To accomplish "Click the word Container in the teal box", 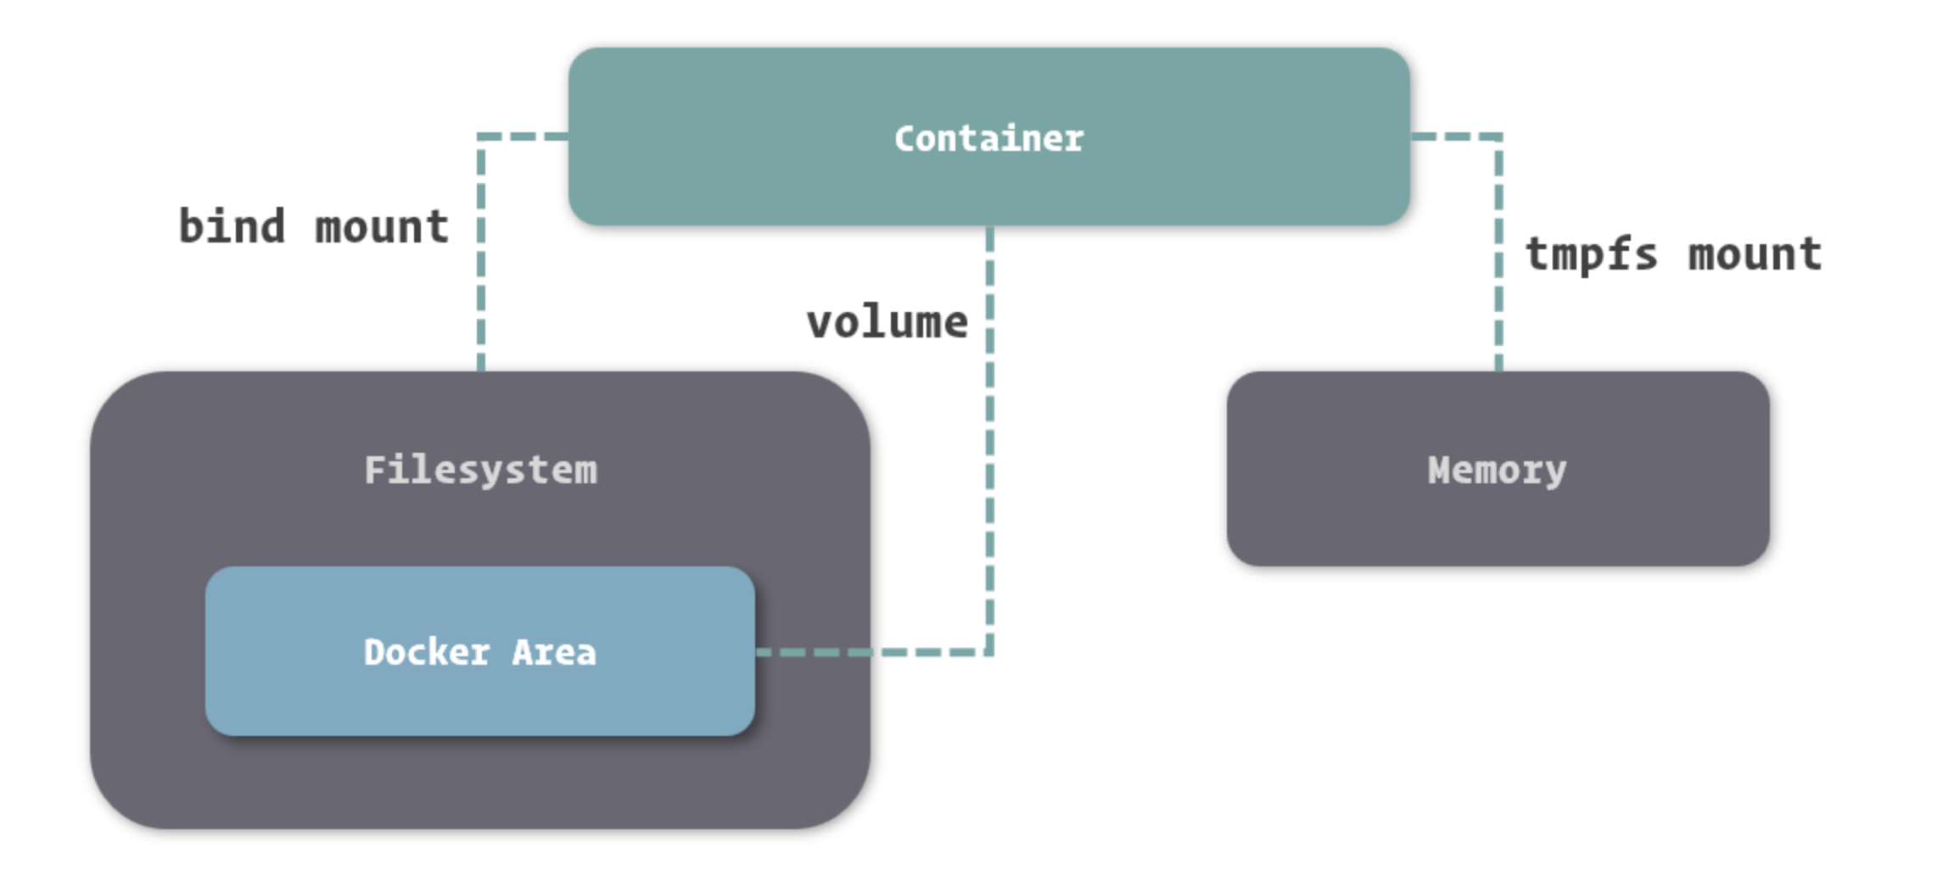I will click(988, 139).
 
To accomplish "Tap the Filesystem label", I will click(480, 471).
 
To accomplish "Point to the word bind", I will click(232, 226).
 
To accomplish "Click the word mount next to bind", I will click(382, 227).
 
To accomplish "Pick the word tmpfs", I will click(1591, 254).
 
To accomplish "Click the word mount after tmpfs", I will click(1755, 254).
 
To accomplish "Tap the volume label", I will click(887, 322).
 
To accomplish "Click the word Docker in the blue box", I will click(427, 652).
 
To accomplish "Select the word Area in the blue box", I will click(554, 652).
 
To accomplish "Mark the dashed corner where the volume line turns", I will click(989, 652).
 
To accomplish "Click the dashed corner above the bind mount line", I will click(481, 136).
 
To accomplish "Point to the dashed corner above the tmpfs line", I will click(1498, 136).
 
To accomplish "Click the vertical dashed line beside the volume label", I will click(989, 441).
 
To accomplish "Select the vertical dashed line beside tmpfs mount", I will click(1498, 254).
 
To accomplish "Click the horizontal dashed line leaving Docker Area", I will click(874, 652).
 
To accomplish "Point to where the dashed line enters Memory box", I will click(1498, 371).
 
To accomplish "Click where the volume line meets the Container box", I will click(989, 226).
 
